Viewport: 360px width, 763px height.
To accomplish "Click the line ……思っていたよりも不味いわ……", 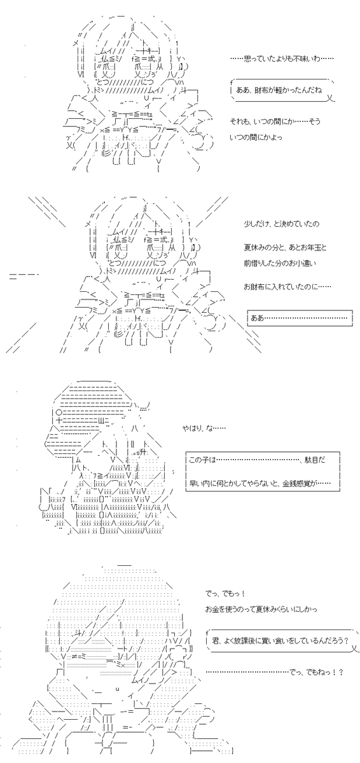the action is (x=282, y=58).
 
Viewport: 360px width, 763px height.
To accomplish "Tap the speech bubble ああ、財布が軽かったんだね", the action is (x=282, y=90).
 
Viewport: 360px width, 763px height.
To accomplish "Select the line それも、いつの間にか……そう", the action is (x=275, y=121).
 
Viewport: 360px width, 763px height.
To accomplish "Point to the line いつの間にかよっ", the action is (x=256, y=137).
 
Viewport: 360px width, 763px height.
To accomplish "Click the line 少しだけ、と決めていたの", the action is (x=282, y=224).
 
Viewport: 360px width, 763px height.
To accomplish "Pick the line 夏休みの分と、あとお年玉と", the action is (x=285, y=247).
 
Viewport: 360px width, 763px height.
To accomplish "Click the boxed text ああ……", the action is (x=300, y=318).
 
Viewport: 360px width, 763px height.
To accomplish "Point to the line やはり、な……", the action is (x=204, y=428).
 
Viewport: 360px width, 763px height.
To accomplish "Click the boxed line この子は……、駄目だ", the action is (x=257, y=460).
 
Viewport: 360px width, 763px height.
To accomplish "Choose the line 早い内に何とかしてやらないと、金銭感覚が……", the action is (x=260, y=483).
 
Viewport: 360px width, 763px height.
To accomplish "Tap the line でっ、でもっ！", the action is (x=225, y=594).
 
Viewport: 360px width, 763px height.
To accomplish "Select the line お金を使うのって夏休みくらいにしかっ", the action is (x=261, y=609).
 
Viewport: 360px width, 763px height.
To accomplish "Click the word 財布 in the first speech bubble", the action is (x=261, y=90).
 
